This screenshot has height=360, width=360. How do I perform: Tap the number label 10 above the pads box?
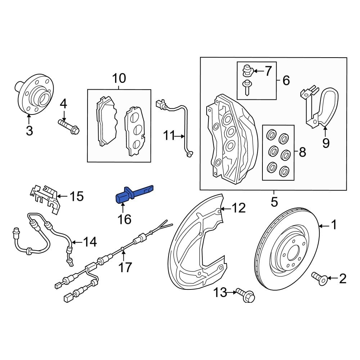click(x=119, y=78)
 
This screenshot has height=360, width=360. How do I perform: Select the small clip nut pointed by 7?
click(x=247, y=70)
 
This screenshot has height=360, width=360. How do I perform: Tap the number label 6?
click(x=286, y=80)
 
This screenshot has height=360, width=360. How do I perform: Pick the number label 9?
click(x=325, y=143)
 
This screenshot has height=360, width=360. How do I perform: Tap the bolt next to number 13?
click(x=246, y=294)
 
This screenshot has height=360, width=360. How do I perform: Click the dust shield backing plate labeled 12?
click(x=196, y=245)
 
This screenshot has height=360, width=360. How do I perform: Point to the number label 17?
click(x=126, y=267)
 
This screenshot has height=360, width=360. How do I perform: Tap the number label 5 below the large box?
click(x=274, y=202)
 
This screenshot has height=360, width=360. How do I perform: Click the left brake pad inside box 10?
click(x=106, y=122)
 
